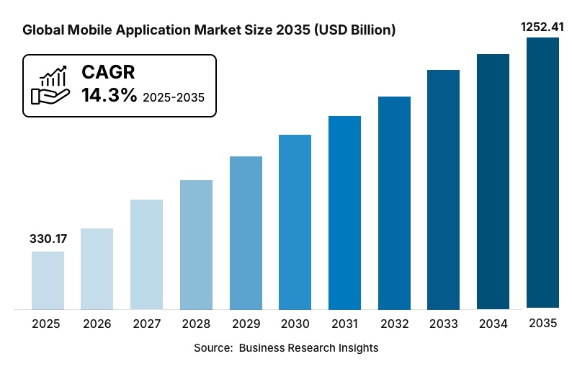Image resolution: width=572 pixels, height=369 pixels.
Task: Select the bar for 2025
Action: pos(48,280)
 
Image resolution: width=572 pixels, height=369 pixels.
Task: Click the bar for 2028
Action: pos(196,245)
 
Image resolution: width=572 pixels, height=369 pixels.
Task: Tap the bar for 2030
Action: pos(295,222)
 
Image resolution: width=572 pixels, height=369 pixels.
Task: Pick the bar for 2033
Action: pos(444,190)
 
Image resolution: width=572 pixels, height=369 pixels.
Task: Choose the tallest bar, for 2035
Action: pos(543,173)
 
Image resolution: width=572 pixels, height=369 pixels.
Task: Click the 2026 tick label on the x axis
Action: pos(97,324)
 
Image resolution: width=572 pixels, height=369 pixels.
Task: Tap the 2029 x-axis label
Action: pos(246,324)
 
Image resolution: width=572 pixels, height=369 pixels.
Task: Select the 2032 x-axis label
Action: pos(394,324)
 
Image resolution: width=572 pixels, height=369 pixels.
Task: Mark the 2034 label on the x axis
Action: pos(493,324)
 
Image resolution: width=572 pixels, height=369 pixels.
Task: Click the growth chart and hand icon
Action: pos(50,86)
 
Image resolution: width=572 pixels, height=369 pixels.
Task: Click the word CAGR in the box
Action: pos(108,72)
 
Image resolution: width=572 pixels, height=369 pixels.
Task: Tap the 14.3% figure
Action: pos(109,95)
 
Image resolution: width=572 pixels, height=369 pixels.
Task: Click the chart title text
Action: pos(209,31)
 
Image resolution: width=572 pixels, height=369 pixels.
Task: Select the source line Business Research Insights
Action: pos(286,347)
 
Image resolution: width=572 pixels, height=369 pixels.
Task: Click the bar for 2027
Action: pos(147,254)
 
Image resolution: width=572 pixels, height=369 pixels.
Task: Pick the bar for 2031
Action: pos(345,213)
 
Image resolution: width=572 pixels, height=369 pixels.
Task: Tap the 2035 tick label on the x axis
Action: pos(543,324)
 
